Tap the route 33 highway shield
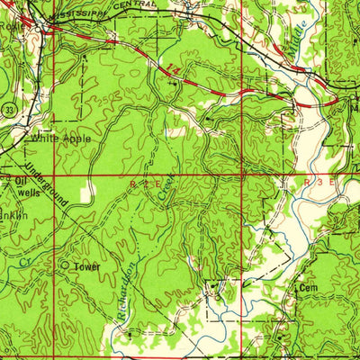tap(7, 108)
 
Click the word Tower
tap(87, 267)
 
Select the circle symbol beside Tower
tap(65, 266)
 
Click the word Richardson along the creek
tap(122, 289)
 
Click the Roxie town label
tap(11, 26)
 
